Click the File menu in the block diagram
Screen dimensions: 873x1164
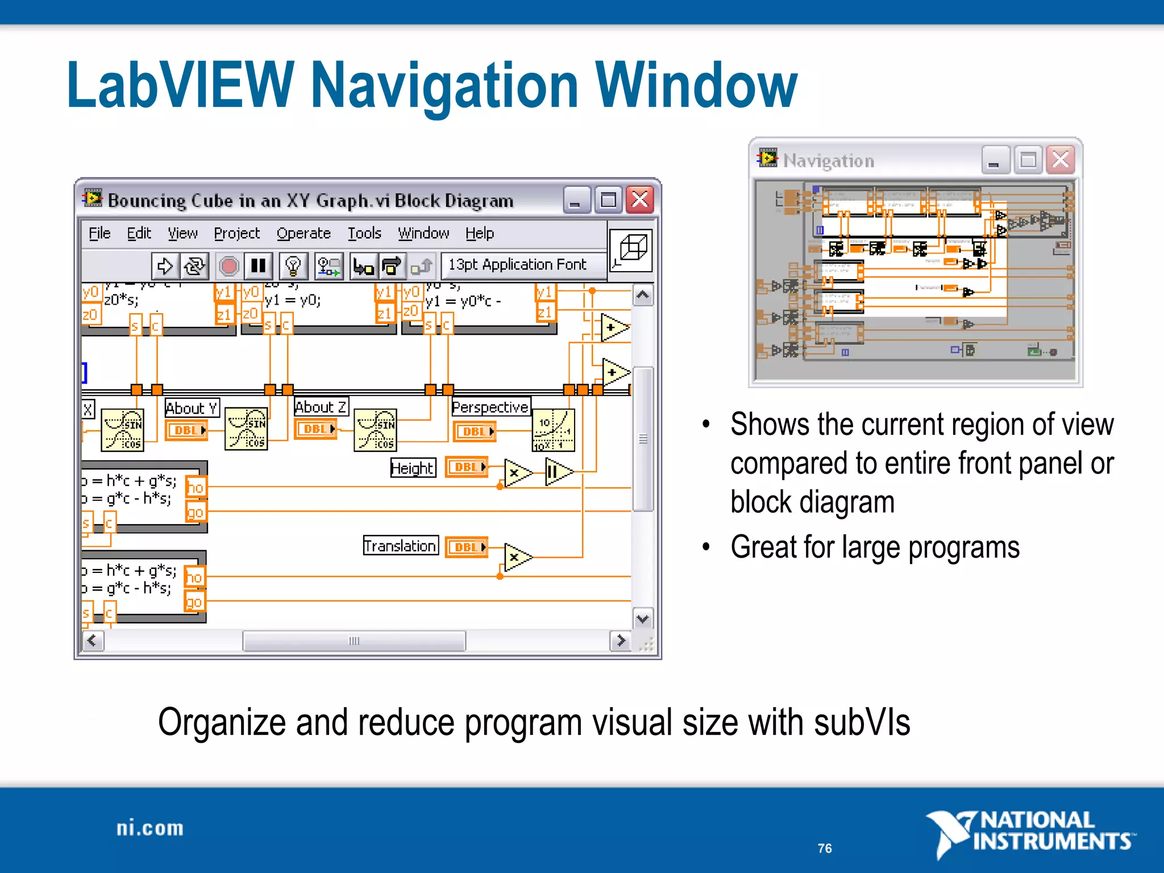[99, 233]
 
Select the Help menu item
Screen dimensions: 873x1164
[480, 233]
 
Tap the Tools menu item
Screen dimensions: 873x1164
[364, 233]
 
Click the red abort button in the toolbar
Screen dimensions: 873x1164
[229, 265]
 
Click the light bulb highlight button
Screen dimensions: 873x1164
[293, 265]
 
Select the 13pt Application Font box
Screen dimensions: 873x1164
[517, 265]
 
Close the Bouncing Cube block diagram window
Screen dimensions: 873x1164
[640, 200]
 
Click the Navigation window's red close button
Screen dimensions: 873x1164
[1061, 160]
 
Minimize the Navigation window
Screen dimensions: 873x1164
[994, 160]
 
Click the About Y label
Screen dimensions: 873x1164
[192, 408]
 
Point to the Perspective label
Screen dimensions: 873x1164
[490, 407]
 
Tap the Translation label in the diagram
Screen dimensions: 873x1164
[401, 546]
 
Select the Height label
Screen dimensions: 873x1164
[413, 468]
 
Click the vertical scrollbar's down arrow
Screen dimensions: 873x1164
[643, 618]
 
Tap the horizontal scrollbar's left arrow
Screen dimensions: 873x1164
[93, 641]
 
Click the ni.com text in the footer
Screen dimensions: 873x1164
[150, 829]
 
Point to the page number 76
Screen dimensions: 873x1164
[825, 848]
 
